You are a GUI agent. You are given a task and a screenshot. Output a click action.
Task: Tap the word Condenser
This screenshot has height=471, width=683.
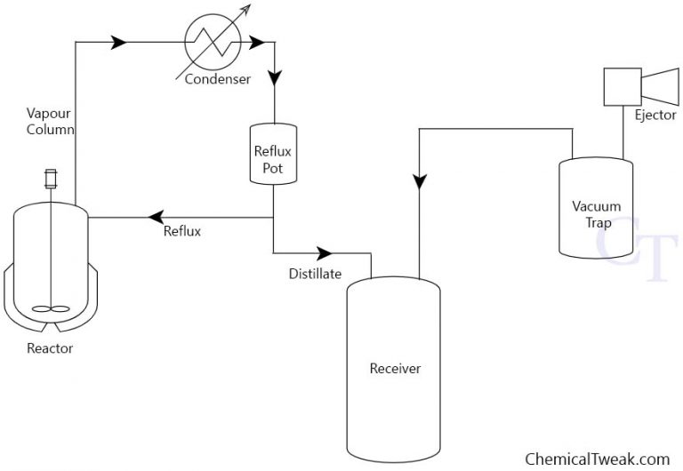[218, 79]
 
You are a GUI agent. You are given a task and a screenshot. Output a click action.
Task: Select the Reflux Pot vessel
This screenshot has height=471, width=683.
[273, 155]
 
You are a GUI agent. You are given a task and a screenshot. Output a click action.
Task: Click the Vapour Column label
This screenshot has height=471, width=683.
[50, 121]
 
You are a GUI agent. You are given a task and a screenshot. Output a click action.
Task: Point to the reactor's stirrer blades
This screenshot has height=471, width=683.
[49, 310]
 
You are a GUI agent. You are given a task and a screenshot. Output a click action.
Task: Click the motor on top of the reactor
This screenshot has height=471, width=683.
[50, 179]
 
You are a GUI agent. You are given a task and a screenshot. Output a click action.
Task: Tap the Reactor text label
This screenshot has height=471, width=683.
[50, 348]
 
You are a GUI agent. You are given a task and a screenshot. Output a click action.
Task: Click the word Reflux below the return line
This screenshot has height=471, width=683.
[182, 232]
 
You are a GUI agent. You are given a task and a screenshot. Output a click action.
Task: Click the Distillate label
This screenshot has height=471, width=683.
[315, 274]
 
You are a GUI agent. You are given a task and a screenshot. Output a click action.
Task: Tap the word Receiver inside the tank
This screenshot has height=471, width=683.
[395, 368]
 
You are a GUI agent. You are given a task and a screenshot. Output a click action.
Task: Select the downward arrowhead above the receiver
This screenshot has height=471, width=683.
[419, 180]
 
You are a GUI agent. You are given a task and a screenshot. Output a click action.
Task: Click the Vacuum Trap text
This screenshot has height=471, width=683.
[596, 214]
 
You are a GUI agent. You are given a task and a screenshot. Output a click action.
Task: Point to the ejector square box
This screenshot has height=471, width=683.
[621, 86]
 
